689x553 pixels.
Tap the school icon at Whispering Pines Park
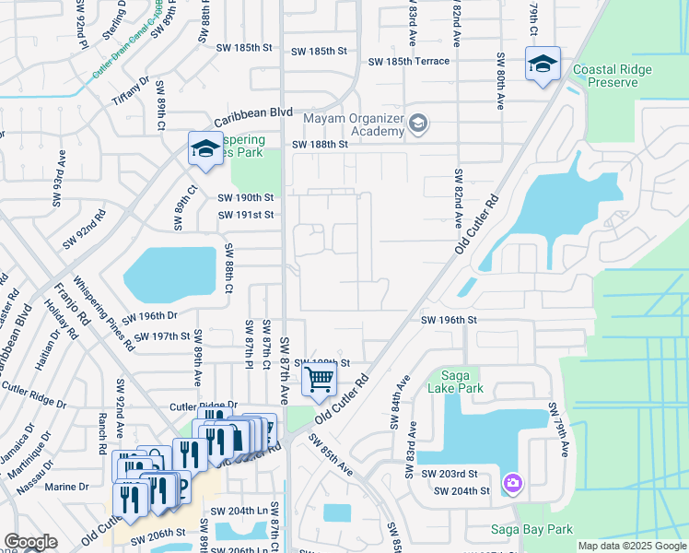(204, 147)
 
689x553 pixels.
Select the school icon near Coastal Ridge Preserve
(543, 65)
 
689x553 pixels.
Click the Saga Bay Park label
(531, 529)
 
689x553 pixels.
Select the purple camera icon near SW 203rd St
(513, 482)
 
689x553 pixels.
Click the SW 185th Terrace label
(409, 62)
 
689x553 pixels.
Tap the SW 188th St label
(321, 145)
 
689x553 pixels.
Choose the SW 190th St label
(246, 198)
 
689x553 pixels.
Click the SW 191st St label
(246, 216)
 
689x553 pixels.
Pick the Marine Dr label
(67, 487)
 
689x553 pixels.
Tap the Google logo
(30, 542)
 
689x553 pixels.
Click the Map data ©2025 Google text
(632, 546)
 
